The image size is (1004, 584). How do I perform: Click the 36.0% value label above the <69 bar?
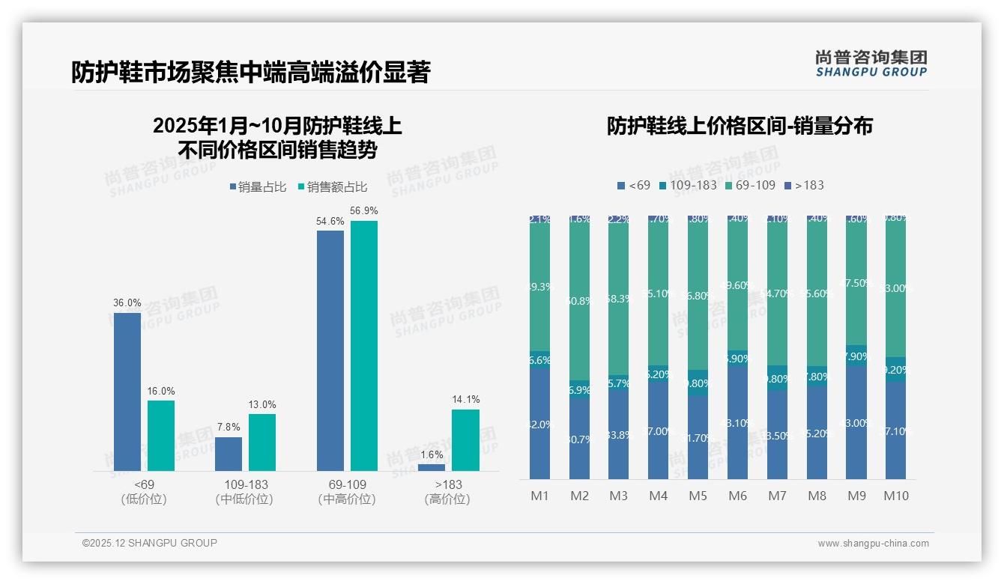(x=127, y=303)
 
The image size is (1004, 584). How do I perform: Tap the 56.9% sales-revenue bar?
(x=364, y=345)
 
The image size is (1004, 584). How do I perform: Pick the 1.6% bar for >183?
(x=432, y=467)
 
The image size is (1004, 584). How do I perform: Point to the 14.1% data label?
(x=466, y=400)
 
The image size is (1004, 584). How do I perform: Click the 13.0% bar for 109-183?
(x=262, y=442)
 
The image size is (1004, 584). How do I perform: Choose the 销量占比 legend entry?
(x=257, y=187)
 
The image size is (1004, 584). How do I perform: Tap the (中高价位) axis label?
(x=347, y=499)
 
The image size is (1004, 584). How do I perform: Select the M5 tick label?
(x=698, y=496)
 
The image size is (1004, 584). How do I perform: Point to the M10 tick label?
(x=895, y=496)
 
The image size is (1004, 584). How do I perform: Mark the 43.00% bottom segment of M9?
(x=856, y=422)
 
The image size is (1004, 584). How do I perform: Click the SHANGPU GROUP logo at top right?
(x=871, y=64)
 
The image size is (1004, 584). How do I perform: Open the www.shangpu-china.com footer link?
(x=873, y=544)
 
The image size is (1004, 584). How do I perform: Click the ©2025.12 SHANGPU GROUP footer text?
(x=150, y=544)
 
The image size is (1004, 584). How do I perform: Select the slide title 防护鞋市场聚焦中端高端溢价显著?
(x=250, y=73)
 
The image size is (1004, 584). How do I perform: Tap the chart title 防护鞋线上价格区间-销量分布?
(x=740, y=127)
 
